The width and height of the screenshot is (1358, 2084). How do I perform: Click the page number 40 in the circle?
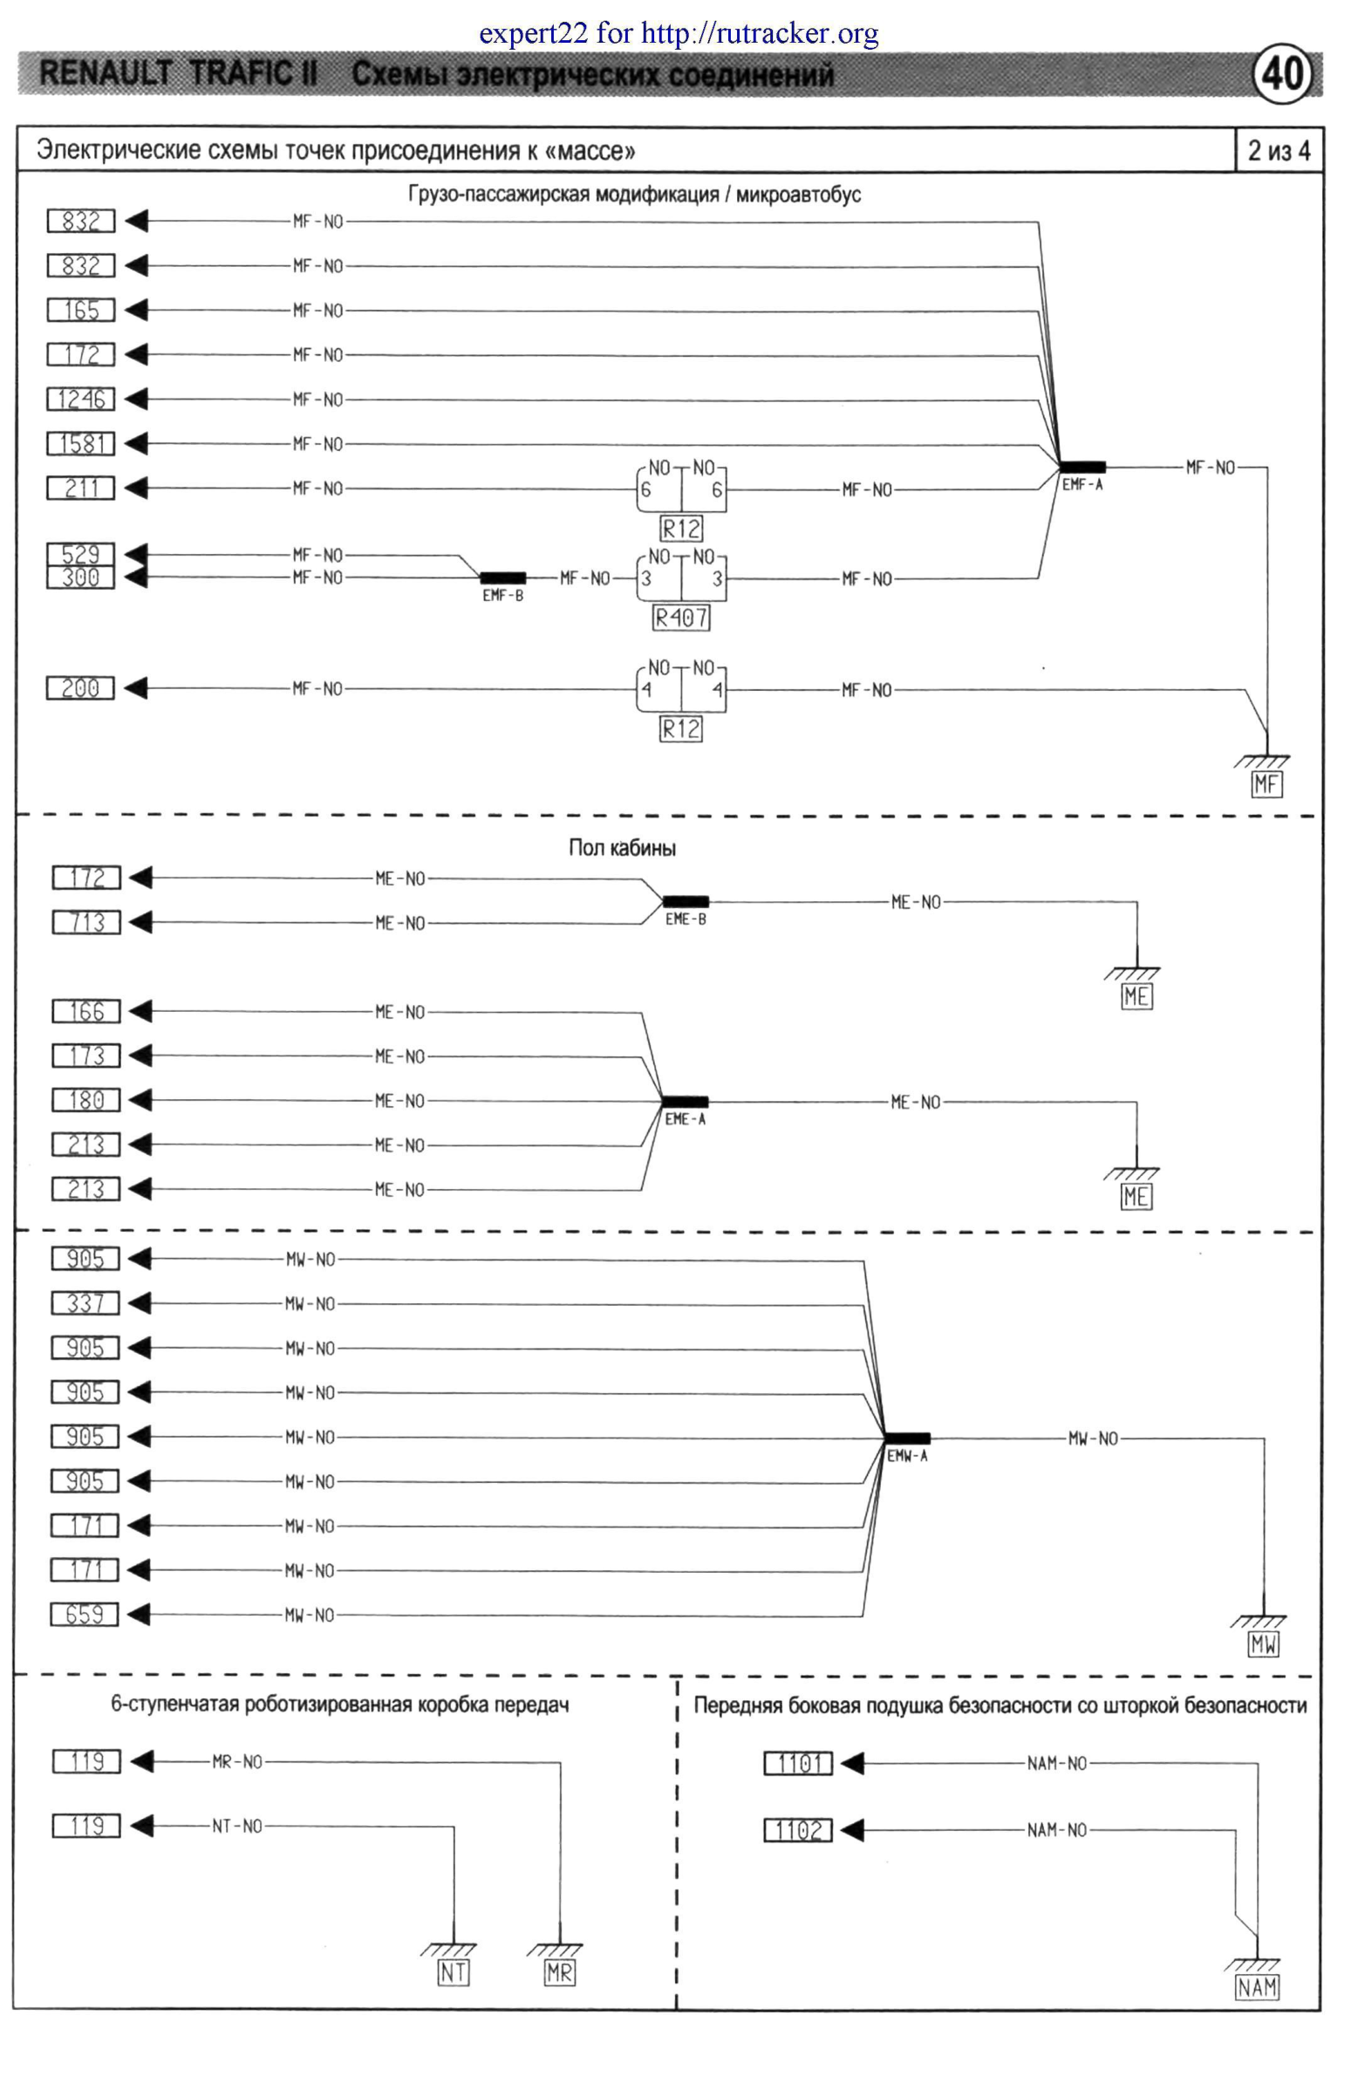click(1283, 73)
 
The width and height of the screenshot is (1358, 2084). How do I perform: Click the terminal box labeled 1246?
click(80, 400)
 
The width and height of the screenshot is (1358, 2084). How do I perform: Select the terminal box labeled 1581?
click(80, 444)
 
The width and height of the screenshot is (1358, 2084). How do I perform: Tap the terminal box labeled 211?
click(80, 489)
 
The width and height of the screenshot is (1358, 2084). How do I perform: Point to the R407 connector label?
click(681, 618)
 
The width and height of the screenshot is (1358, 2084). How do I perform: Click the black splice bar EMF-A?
click(1082, 467)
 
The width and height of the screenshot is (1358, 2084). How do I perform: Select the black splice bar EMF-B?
click(503, 577)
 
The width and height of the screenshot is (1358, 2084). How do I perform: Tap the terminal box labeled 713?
click(85, 922)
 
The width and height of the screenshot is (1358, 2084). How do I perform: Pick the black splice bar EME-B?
click(686, 901)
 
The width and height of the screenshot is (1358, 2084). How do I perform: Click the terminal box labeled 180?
click(85, 1100)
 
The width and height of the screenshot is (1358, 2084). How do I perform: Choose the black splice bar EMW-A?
click(907, 1438)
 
